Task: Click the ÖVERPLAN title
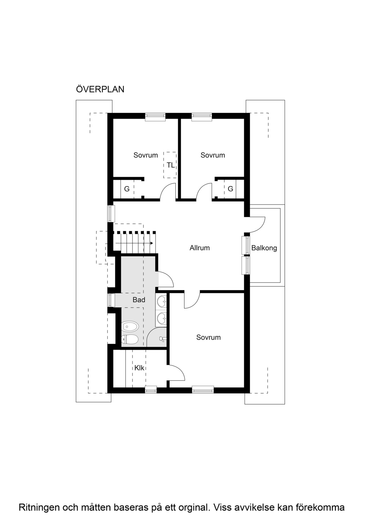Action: tap(100, 89)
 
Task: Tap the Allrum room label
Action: tap(200, 248)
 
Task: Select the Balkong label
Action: tap(264, 248)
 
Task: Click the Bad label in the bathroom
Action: tap(139, 300)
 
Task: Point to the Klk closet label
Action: tap(139, 368)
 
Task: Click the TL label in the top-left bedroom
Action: tap(170, 165)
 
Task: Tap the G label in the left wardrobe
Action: tap(127, 189)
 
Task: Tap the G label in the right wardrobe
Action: tap(230, 189)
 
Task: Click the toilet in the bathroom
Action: tap(130, 339)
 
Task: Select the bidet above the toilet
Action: tap(130, 326)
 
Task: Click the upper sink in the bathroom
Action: tap(161, 301)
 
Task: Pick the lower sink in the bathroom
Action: tap(161, 318)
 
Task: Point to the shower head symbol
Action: tap(162, 339)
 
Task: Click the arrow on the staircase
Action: tap(134, 243)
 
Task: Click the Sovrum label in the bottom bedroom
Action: tap(208, 337)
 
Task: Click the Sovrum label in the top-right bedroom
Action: tap(213, 155)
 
